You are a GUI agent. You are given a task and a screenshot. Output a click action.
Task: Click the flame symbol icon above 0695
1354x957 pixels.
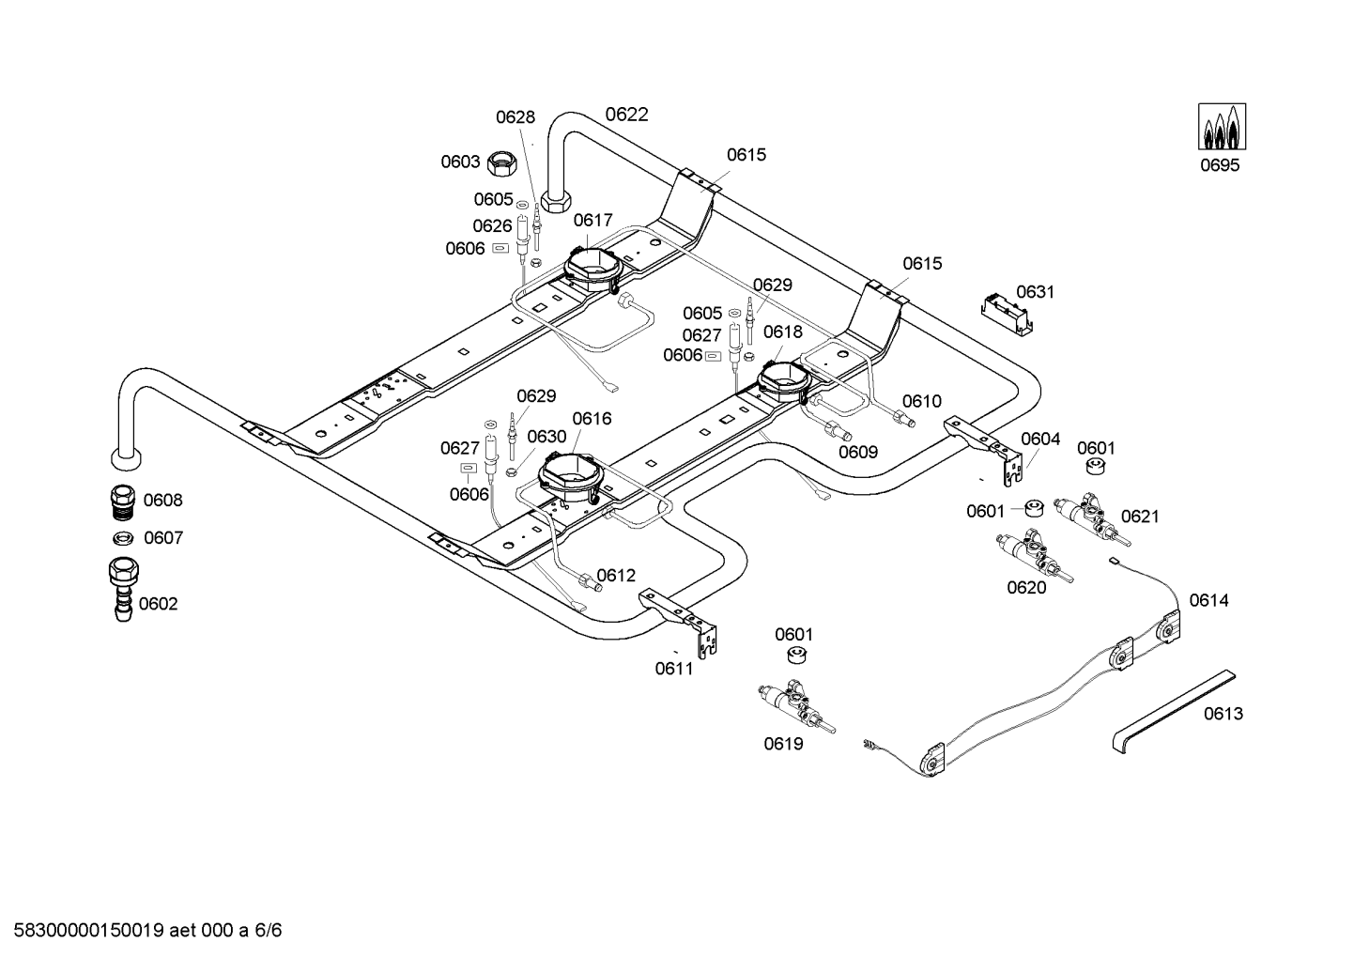click(x=1222, y=127)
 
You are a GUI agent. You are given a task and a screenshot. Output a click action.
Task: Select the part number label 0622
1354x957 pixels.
click(x=627, y=115)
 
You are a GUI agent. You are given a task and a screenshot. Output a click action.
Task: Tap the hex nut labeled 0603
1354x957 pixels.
click(x=501, y=162)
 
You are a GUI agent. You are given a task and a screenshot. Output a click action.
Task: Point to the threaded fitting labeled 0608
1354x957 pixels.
click(x=124, y=501)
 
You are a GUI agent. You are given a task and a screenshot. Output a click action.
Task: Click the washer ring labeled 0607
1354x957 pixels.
click(x=123, y=537)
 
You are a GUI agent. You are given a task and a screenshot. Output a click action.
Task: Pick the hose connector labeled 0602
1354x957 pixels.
click(x=123, y=589)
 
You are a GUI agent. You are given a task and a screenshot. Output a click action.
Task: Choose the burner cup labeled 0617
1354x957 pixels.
click(x=593, y=271)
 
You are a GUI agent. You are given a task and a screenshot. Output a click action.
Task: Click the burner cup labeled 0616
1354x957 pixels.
click(x=569, y=478)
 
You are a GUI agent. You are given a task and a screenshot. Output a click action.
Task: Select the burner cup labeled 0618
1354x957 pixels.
click(x=783, y=382)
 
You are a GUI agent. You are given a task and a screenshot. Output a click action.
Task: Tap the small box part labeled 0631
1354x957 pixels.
click(x=1007, y=314)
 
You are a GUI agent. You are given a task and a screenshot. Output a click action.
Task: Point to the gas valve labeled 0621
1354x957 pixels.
click(x=1092, y=519)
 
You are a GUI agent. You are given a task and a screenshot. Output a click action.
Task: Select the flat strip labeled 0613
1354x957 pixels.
click(x=1174, y=711)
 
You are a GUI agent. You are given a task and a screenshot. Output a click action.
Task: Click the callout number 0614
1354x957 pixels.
click(x=1209, y=600)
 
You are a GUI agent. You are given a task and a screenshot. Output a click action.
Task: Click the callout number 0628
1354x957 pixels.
click(x=515, y=117)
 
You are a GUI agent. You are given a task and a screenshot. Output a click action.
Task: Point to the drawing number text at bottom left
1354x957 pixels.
click(x=147, y=930)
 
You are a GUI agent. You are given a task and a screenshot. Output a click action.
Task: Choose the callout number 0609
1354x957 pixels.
click(x=858, y=452)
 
